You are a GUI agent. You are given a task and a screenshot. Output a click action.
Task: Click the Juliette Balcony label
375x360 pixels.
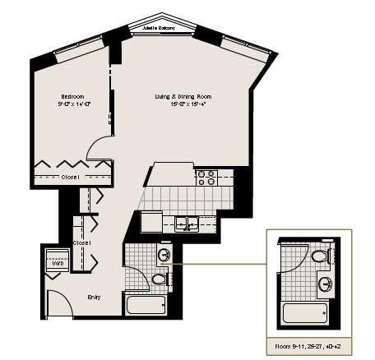pos(160,28)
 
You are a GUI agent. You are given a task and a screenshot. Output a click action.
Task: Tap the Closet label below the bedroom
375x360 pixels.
pos(70,177)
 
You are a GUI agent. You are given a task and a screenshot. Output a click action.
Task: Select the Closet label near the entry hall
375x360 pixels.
pos(81,243)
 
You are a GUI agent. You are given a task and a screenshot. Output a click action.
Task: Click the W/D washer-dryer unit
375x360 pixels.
pos(57,263)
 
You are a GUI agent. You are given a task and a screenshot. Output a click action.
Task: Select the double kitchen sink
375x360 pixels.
pos(188,221)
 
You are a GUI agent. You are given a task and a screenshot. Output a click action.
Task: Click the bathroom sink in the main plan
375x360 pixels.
pos(164,256)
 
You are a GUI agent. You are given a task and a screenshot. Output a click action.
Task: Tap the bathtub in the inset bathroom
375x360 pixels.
pos(304,313)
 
